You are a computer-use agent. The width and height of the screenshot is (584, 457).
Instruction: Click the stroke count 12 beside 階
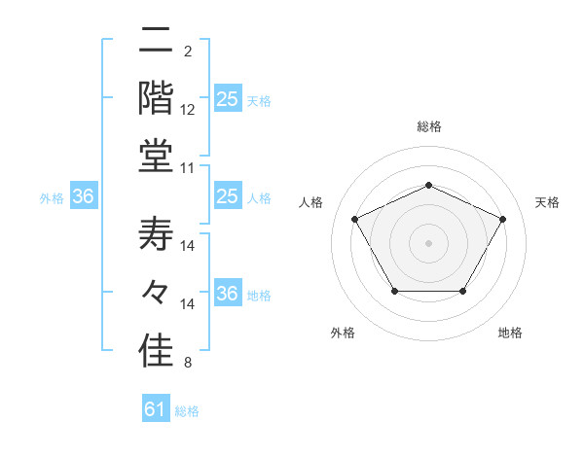(x=188, y=110)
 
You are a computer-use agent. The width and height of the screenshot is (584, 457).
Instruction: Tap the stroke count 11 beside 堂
(x=188, y=168)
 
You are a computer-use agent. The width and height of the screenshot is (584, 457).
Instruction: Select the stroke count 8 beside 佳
(x=187, y=364)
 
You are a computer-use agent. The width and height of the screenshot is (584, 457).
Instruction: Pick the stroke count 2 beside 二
(x=187, y=51)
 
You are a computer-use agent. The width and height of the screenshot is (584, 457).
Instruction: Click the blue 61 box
(x=156, y=410)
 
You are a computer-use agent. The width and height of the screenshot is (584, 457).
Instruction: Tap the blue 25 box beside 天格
(x=227, y=99)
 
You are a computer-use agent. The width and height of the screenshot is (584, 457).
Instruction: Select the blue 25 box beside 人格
(x=227, y=197)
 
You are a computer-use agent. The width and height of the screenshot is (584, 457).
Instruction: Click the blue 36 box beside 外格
(x=84, y=197)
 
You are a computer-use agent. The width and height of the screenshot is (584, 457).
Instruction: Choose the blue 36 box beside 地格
(x=227, y=295)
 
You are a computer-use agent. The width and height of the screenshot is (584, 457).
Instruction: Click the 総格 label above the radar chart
(x=428, y=127)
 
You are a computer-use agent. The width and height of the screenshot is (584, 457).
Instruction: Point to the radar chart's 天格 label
(x=547, y=202)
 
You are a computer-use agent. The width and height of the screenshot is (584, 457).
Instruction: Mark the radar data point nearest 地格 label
(x=463, y=291)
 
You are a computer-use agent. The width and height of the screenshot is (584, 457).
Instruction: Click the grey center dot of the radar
(x=428, y=242)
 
